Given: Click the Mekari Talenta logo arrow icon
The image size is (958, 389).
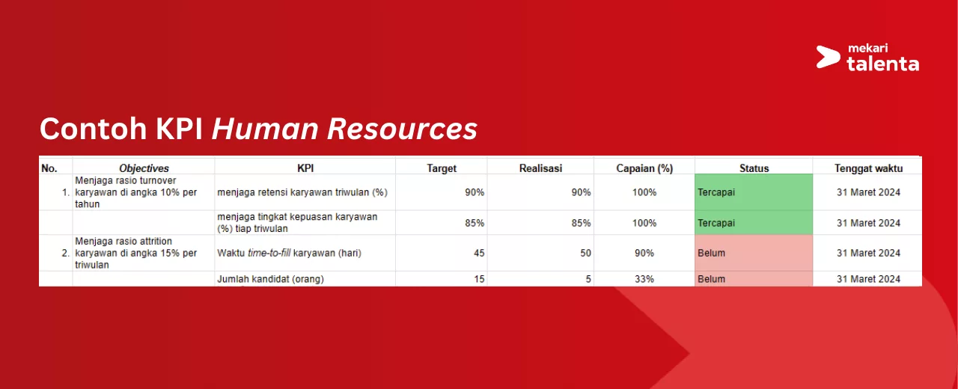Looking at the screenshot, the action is [828, 57].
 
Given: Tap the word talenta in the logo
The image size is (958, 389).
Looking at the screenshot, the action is [882, 64].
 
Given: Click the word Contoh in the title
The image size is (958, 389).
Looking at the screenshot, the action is [94, 128].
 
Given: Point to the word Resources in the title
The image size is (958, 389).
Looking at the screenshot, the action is [402, 129].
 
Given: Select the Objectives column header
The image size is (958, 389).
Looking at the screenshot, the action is [144, 168].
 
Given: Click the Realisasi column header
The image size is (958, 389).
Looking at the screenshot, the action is [540, 168].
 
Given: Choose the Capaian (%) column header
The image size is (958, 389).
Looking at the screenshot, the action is [644, 168].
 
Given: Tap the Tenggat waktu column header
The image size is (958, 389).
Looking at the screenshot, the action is [868, 168].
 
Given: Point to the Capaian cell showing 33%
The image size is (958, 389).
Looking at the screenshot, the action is [644, 279].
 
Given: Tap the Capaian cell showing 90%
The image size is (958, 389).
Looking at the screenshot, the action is [644, 253].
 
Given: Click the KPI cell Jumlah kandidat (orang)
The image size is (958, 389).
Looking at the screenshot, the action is [270, 279].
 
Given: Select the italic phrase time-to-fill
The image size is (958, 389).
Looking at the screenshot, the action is [269, 253].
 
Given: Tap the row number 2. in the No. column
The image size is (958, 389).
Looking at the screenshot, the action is [65, 253].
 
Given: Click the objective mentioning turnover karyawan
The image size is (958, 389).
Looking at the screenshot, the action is [136, 192].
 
